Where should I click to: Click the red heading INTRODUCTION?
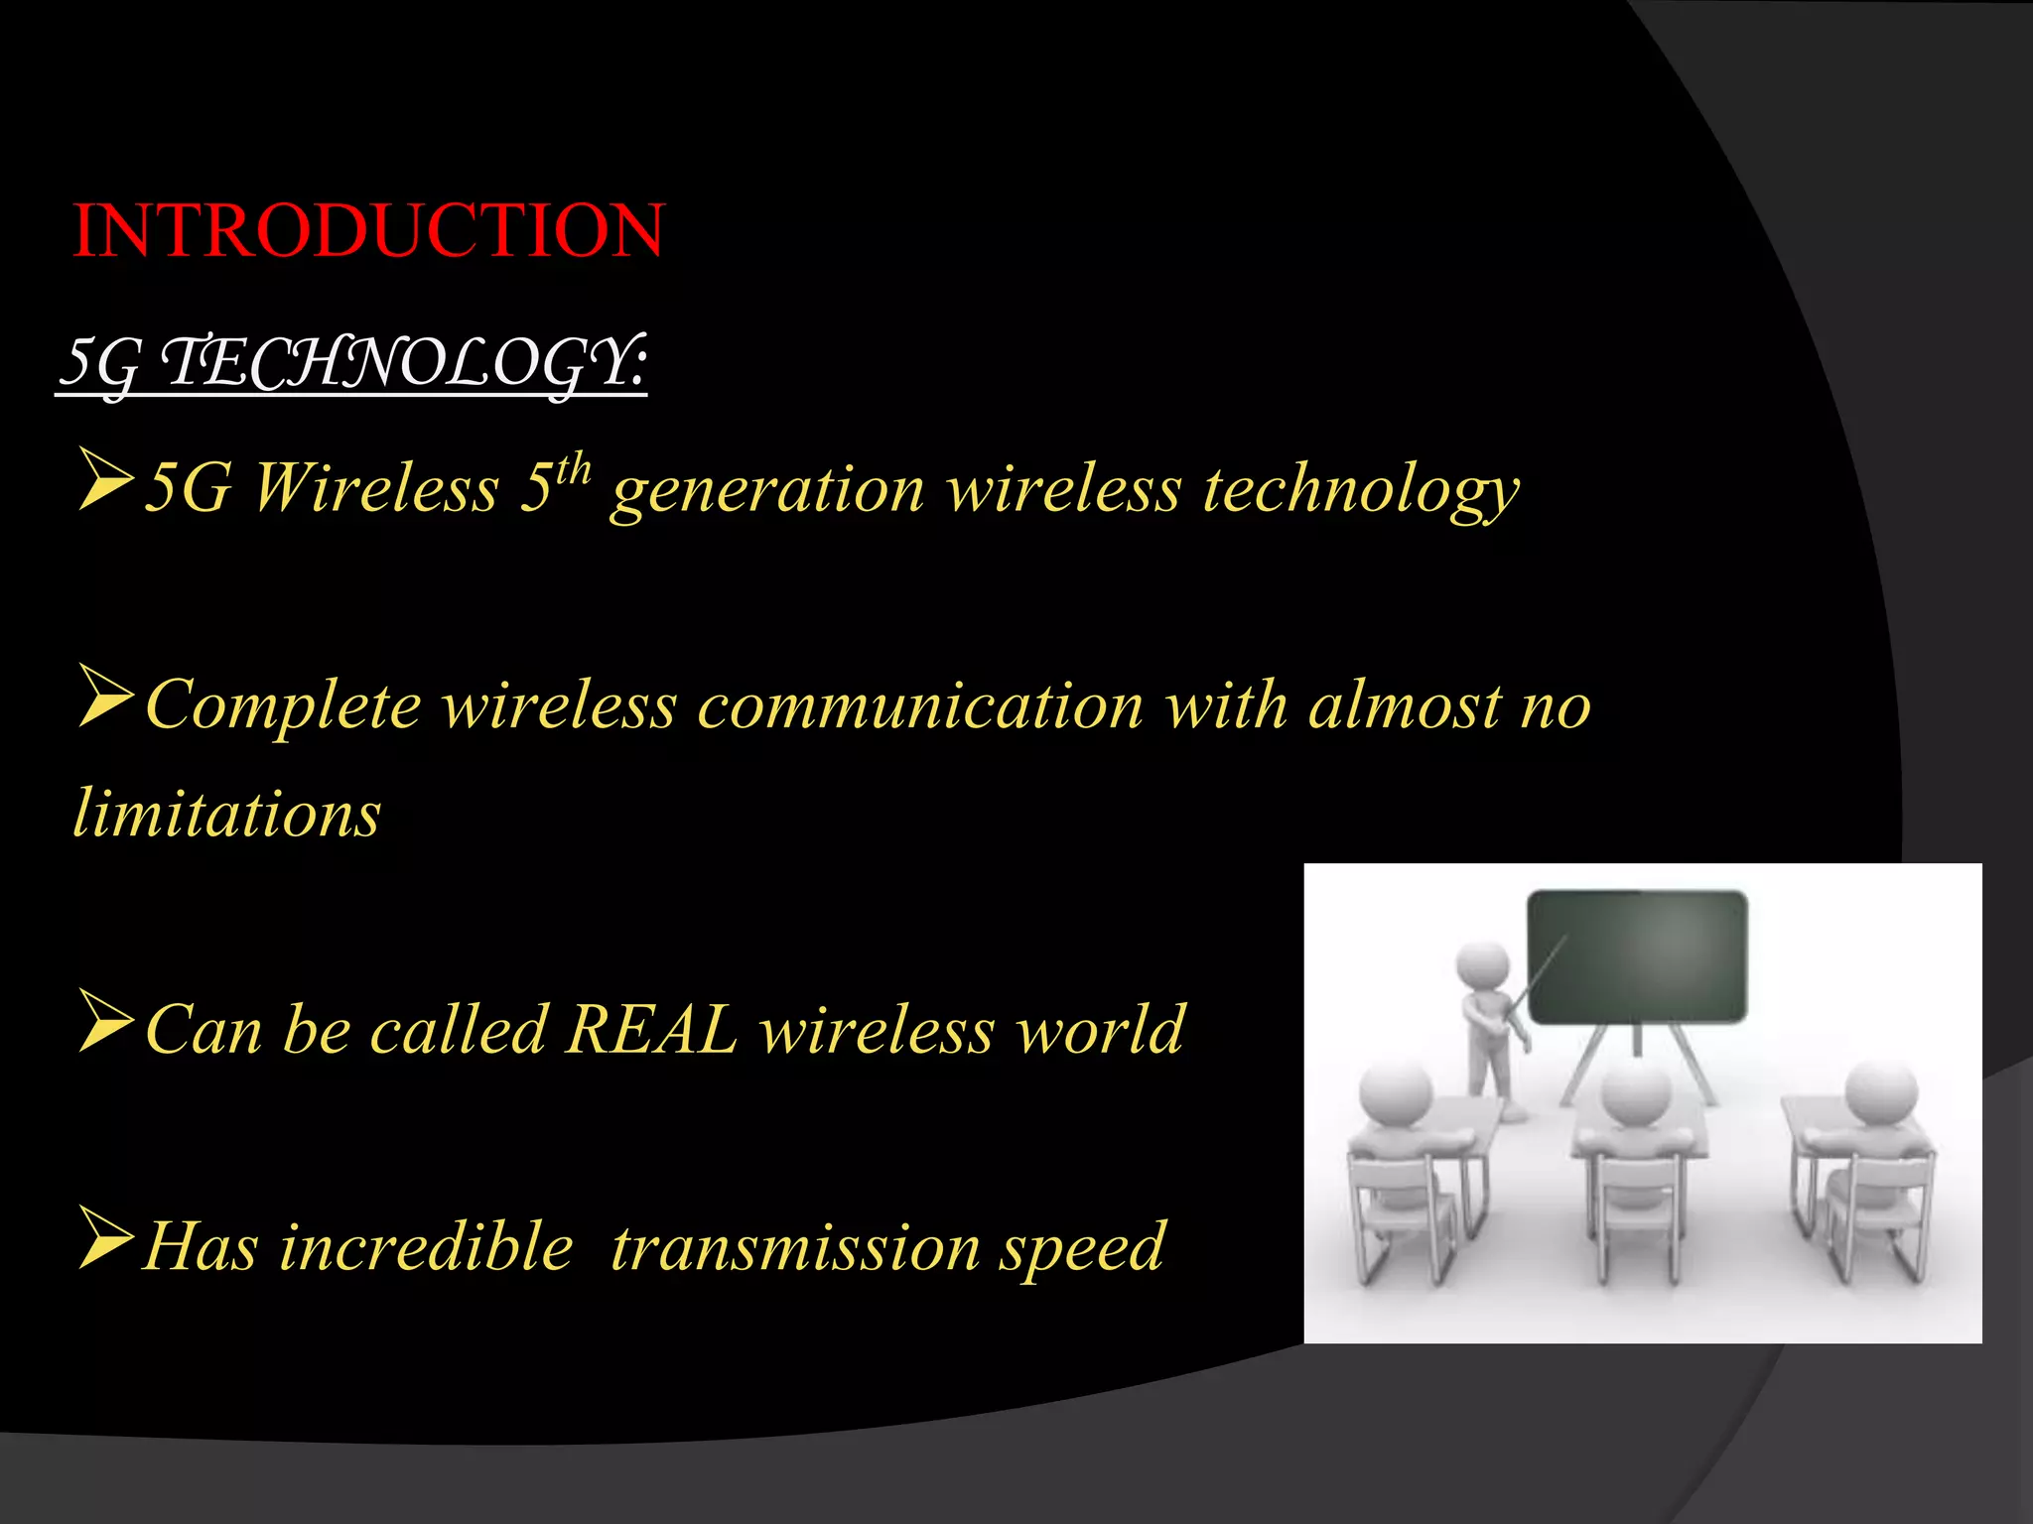[x=367, y=230]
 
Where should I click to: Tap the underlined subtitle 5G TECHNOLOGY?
[x=352, y=363]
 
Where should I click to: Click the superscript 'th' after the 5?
[x=573, y=469]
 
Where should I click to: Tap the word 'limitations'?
[x=227, y=815]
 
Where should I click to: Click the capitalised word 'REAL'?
[x=650, y=1030]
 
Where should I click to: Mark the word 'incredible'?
[x=426, y=1247]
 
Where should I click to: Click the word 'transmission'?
[x=795, y=1247]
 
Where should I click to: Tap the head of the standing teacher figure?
[x=1482, y=964]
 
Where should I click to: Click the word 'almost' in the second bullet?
[x=1404, y=706]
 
